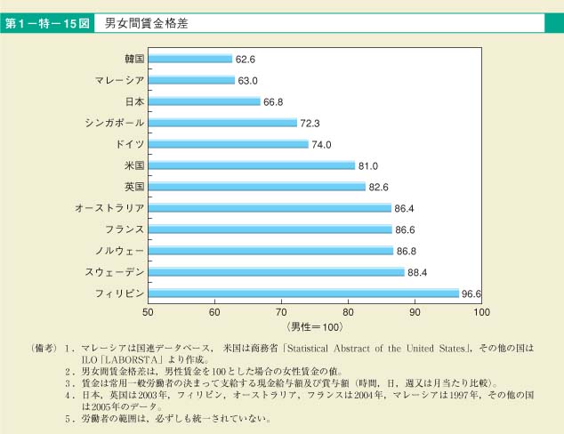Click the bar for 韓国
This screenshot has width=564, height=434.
(x=189, y=59)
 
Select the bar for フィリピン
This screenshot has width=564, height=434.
(x=303, y=293)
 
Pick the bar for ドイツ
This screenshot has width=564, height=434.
(x=228, y=144)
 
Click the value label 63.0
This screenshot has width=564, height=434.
(x=247, y=80)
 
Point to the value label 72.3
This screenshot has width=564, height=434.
(x=310, y=123)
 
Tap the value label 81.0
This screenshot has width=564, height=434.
(x=368, y=165)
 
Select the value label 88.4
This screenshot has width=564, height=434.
(x=418, y=272)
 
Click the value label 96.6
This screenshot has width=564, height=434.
(x=473, y=293)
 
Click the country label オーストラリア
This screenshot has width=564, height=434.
(x=110, y=208)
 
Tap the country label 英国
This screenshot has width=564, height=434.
(x=134, y=187)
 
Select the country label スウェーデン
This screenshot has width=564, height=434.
(x=115, y=272)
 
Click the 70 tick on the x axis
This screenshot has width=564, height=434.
(x=281, y=312)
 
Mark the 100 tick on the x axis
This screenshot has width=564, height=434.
(x=481, y=312)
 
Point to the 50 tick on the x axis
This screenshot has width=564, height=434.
(x=148, y=312)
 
